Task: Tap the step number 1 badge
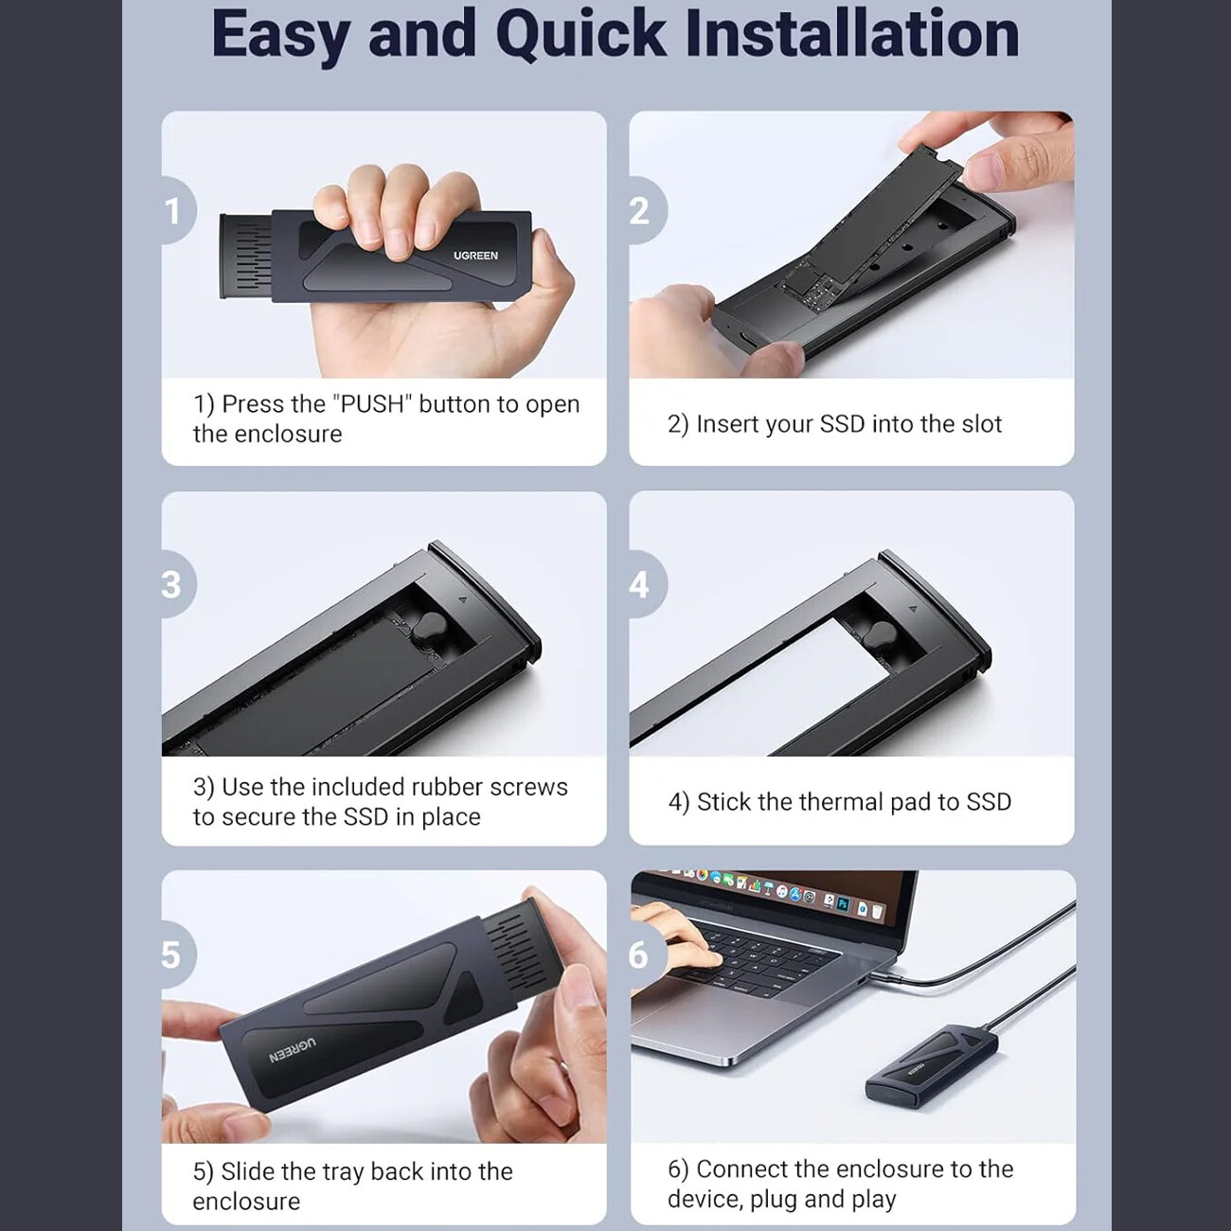coord(177,211)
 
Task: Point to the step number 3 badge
coord(177,584)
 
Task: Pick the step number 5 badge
coord(177,954)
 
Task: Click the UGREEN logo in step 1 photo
coord(475,256)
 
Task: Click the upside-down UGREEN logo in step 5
coord(292,1052)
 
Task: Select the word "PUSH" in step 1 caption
coord(373,403)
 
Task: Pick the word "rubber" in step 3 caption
coord(445,786)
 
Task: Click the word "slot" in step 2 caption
coord(981,423)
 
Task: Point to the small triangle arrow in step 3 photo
coord(462,599)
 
